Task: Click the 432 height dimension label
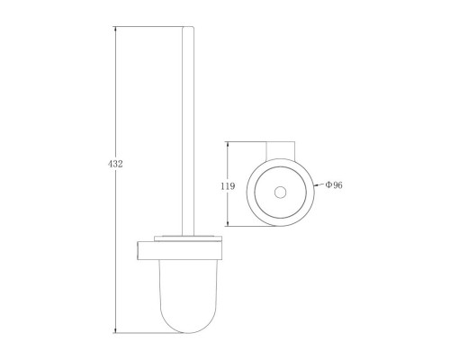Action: pos(115,164)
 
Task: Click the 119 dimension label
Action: pos(228,186)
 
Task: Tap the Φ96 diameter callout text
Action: pos(334,185)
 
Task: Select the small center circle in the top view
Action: pos(280,193)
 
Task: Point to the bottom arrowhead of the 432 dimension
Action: pos(115,330)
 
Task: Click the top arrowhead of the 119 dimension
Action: pos(228,144)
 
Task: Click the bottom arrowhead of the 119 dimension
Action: pos(228,223)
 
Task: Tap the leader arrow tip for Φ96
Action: pos(314,186)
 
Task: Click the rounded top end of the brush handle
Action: pos(188,28)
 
